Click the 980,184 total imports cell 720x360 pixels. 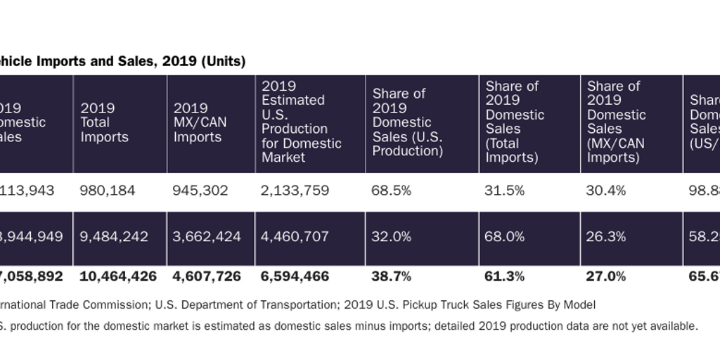(x=108, y=191)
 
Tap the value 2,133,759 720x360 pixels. (x=294, y=191)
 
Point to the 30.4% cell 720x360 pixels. (x=605, y=191)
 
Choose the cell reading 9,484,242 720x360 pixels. (x=115, y=237)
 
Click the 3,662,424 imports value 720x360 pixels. (x=207, y=237)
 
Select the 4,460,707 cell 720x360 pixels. (x=295, y=237)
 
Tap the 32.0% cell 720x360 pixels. (x=391, y=237)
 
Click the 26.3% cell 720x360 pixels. (x=605, y=237)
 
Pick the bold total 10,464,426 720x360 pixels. (x=119, y=276)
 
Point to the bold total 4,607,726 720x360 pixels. (x=207, y=276)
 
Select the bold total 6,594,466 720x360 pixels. (x=295, y=276)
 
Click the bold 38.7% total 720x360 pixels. (x=392, y=276)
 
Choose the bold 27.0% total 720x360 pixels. (x=605, y=276)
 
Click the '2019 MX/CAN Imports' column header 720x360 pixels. (x=200, y=122)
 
